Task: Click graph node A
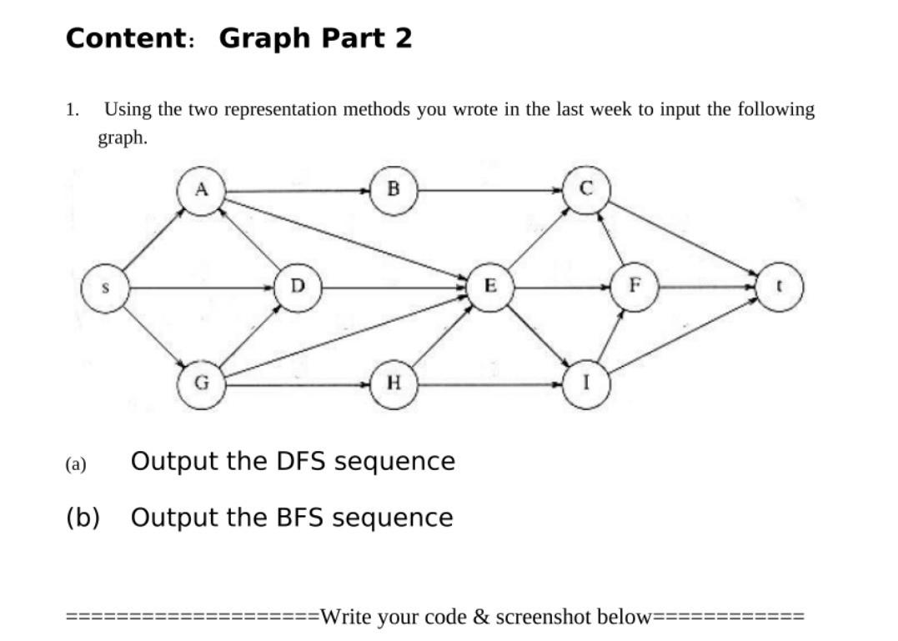click(200, 191)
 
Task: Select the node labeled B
click(394, 191)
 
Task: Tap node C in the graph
click(586, 191)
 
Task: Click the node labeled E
click(490, 288)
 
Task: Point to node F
click(635, 288)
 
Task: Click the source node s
click(104, 288)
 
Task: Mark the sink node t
click(780, 288)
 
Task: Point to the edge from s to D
click(200, 288)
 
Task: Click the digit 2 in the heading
click(404, 38)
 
